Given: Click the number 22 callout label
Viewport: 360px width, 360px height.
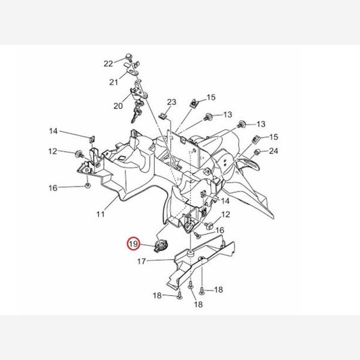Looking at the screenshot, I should (x=108, y=63).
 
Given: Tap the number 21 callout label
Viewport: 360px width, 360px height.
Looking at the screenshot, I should (x=114, y=82).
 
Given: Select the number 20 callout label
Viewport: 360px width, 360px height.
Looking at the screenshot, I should (x=118, y=106).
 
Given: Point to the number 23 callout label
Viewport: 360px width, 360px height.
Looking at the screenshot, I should (x=171, y=103).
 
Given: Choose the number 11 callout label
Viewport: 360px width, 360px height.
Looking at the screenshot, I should (x=100, y=213).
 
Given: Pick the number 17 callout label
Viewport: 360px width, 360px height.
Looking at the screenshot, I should (x=142, y=261).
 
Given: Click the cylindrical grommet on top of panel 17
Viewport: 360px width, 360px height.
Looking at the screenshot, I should (x=189, y=255).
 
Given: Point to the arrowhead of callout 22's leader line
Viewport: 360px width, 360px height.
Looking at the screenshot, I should (x=124, y=59).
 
